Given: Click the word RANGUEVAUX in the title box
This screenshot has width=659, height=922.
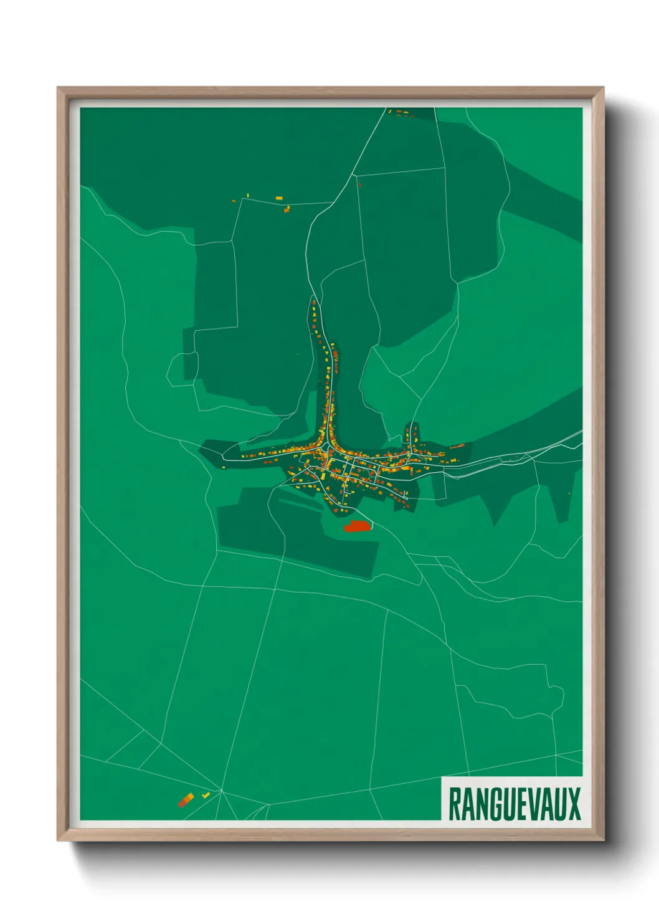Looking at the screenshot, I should [514, 804].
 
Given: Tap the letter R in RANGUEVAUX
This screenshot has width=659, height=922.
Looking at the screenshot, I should [455, 804].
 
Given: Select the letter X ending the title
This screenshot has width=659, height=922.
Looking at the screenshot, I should [573, 804].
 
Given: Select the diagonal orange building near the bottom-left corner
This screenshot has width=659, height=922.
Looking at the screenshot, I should [186, 799].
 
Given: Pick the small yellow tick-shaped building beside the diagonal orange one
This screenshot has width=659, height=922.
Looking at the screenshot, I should [206, 796].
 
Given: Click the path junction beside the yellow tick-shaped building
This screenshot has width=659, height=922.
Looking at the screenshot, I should [220, 791].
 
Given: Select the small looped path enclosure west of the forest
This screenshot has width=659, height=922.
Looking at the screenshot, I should [182, 369].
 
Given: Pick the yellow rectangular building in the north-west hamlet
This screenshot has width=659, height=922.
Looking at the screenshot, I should [278, 198].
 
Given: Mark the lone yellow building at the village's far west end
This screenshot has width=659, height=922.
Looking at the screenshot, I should [244, 456].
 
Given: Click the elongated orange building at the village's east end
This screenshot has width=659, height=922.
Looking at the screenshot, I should [458, 446].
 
